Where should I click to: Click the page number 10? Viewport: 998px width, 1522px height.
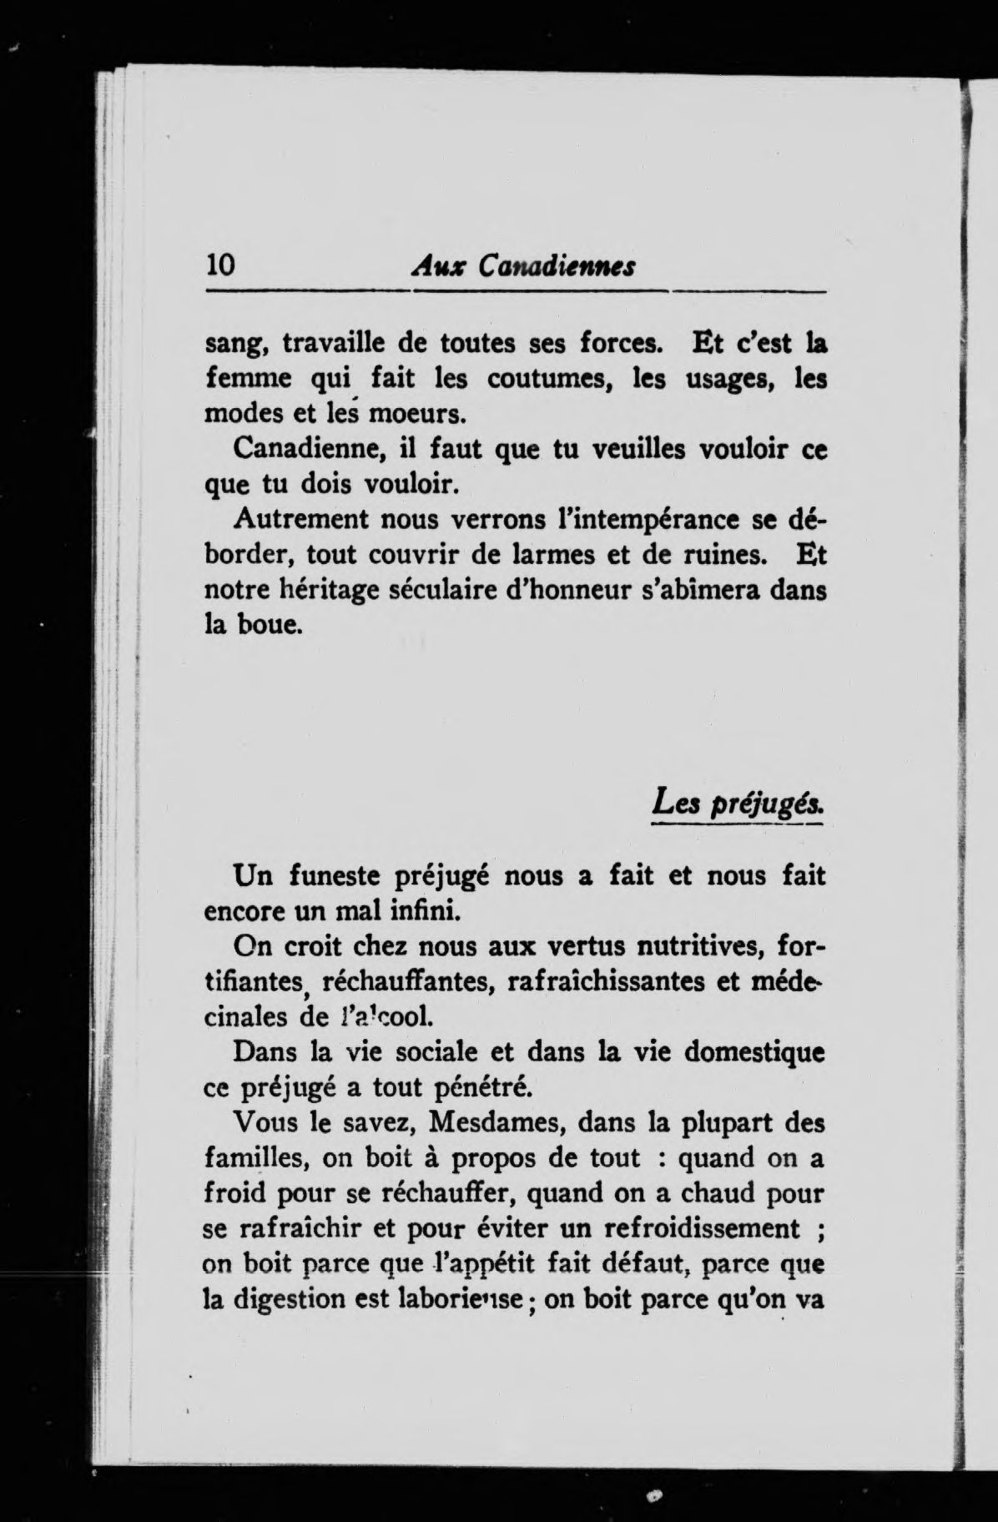coord(221,265)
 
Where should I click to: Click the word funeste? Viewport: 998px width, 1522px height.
coord(340,876)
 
